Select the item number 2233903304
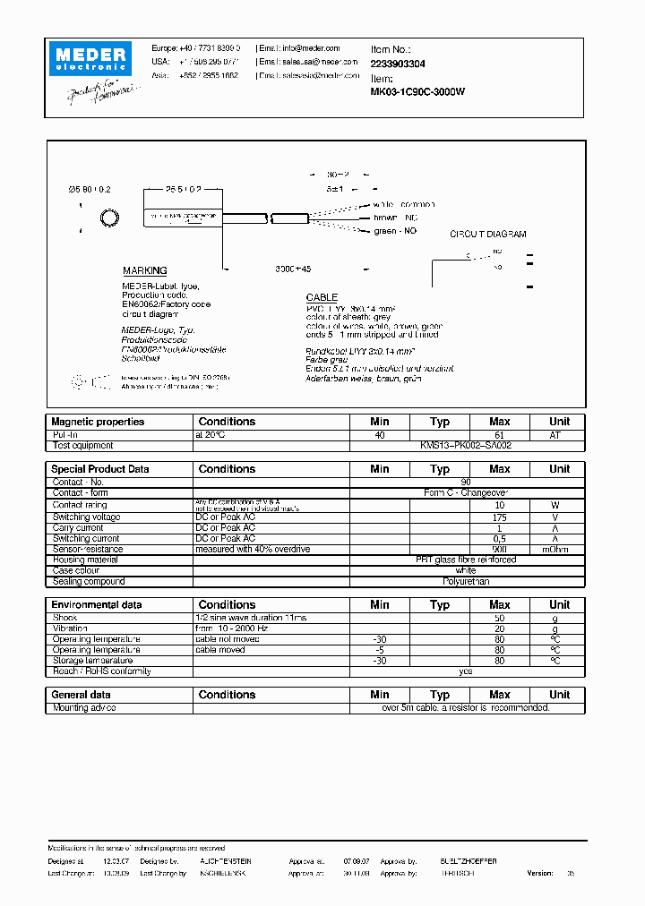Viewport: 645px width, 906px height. coord(398,64)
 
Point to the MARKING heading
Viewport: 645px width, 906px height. coord(144,270)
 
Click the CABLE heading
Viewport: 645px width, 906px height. coord(322,297)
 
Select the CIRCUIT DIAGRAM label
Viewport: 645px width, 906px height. coord(487,235)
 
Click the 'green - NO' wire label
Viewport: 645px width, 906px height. coord(395,231)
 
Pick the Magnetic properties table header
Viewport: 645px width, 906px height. coord(98,422)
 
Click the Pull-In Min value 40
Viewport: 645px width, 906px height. coord(380,434)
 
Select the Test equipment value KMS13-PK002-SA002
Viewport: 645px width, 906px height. coord(466,445)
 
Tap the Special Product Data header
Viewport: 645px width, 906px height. coord(100,469)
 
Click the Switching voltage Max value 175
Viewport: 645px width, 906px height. coord(500,517)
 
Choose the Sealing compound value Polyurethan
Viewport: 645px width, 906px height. coord(466,581)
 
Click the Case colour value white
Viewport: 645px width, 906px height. coord(466,570)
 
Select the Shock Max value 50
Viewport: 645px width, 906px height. coord(500,619)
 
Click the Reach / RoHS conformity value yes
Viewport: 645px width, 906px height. coord(466,671)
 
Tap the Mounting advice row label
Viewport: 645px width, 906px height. coord(82,707)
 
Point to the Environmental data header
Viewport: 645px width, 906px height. coord(97,605)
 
